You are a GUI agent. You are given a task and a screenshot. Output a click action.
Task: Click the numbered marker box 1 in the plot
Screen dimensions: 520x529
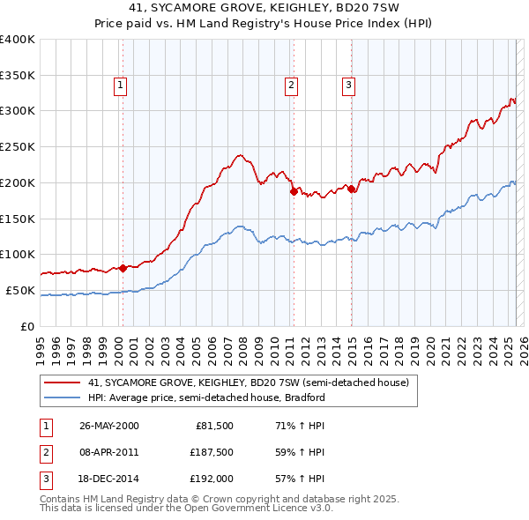[x=120, y=85]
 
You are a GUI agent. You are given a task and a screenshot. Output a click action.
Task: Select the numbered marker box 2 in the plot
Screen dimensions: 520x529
[x=291, y=85]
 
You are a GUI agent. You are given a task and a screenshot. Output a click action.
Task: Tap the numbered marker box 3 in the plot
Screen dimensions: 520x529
[x=349, y=85]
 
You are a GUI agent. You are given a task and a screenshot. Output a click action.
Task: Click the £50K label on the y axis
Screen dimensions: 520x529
[x=21, y=290]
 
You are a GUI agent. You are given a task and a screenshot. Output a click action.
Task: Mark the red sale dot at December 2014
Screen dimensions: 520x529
[x=351, y=188]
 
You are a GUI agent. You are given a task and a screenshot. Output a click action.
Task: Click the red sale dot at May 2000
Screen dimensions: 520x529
[x=123, y=267]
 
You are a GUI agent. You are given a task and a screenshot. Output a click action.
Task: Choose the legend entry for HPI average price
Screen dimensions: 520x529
[x=206, y=397]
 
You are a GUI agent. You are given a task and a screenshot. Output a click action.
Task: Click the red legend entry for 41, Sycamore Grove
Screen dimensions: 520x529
[x=248, y=383]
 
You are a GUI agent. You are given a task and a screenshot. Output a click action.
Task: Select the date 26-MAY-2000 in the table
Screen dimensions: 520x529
[x=108, y=426]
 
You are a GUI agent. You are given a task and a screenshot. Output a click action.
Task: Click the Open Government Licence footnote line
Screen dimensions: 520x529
[x=187, y=509]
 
